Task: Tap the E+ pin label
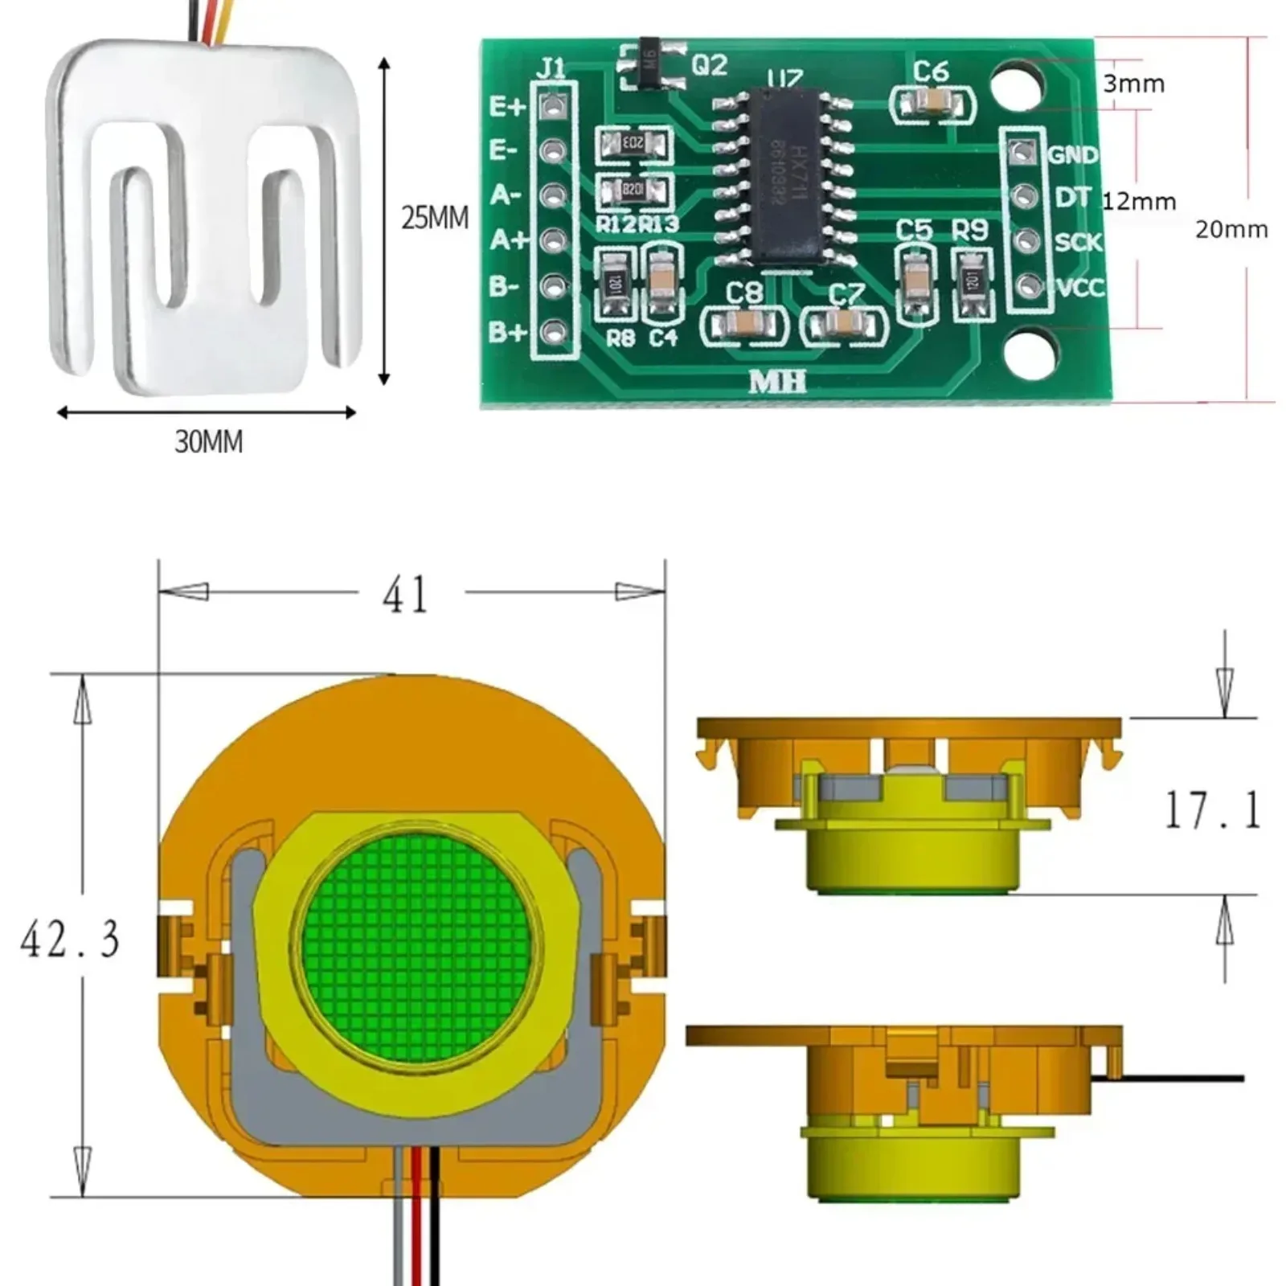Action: point(507,106)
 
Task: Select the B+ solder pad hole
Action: point(552,331)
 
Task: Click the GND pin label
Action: point(1073,154)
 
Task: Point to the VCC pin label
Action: point(1079,287)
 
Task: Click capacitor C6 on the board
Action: point(934,102)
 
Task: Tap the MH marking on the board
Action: point(777,382)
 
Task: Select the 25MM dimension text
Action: point(435,218)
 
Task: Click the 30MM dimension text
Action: point(208,441)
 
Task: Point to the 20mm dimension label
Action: point(1231,230)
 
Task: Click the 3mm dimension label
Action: point(1133,84)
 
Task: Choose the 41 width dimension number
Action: point(405,596)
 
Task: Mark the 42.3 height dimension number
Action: point(71,939)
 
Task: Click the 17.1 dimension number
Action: point(1212,809)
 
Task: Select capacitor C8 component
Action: point(744,325)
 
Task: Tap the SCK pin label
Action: point(1078,242)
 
